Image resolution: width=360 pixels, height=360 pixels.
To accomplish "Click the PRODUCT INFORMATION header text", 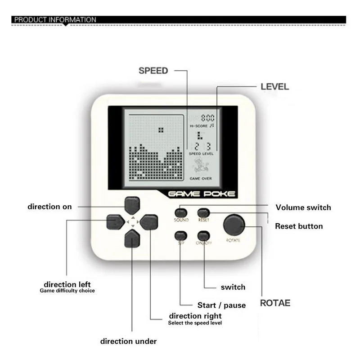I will [x=55, y=20].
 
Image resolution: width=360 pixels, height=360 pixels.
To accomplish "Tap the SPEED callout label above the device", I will [x=153, y=71].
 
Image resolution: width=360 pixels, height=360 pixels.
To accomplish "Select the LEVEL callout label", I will [x=275, y=86].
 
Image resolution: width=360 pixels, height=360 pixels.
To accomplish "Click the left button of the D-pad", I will [x=115, y=221].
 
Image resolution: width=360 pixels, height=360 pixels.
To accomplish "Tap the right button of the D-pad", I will [x=149, y=221].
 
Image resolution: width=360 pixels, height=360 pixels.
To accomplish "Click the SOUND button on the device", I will [x=181, y=212].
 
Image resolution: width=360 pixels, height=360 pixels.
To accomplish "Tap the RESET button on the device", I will [x=204, y=212].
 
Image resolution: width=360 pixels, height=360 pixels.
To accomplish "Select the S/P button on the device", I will [x=181, y=235].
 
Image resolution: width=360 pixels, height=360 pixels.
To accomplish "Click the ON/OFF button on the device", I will [x=204, y=235].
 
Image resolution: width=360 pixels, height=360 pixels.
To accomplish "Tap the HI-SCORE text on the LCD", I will [x=198, y=126].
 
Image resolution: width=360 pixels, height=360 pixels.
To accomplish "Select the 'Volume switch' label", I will [x=303, y=207].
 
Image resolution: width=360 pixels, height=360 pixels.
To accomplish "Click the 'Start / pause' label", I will [x=221, y=305].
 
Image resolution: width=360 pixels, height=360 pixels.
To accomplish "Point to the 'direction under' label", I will [x=128, y=341].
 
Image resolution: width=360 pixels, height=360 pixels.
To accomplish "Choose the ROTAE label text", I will [x=275, y=303].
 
